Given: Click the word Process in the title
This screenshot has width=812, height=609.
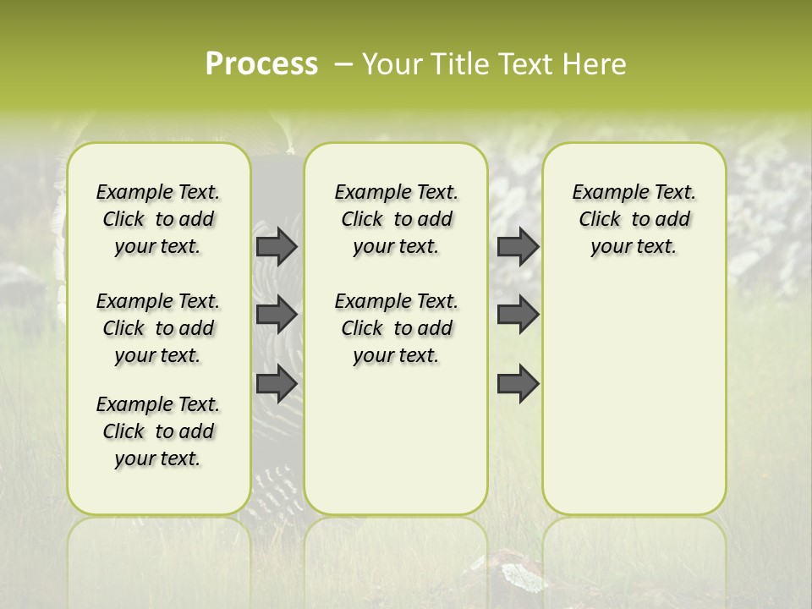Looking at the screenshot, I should [261, 64].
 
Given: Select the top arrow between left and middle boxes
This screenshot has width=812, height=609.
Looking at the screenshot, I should [277, 246].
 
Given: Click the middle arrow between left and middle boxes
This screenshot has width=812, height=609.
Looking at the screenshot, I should [277, 315].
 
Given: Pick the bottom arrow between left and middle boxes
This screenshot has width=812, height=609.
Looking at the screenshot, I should [277, 383].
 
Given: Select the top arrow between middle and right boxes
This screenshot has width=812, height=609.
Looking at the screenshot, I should [518, 246].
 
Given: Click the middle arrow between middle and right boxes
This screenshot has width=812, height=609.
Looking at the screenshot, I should [518, 315].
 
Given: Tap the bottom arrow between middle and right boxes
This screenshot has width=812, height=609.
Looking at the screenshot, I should [518, 383].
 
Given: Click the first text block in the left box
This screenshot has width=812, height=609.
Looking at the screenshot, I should [158, 219].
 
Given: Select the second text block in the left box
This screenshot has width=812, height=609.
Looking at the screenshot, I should [158, 328].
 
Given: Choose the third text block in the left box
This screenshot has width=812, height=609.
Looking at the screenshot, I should [158, 431].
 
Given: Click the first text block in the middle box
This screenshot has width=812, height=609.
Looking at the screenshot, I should [396, 219].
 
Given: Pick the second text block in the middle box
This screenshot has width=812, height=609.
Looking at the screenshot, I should [396, 328].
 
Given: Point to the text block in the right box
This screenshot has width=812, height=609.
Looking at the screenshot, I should [634, 219].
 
